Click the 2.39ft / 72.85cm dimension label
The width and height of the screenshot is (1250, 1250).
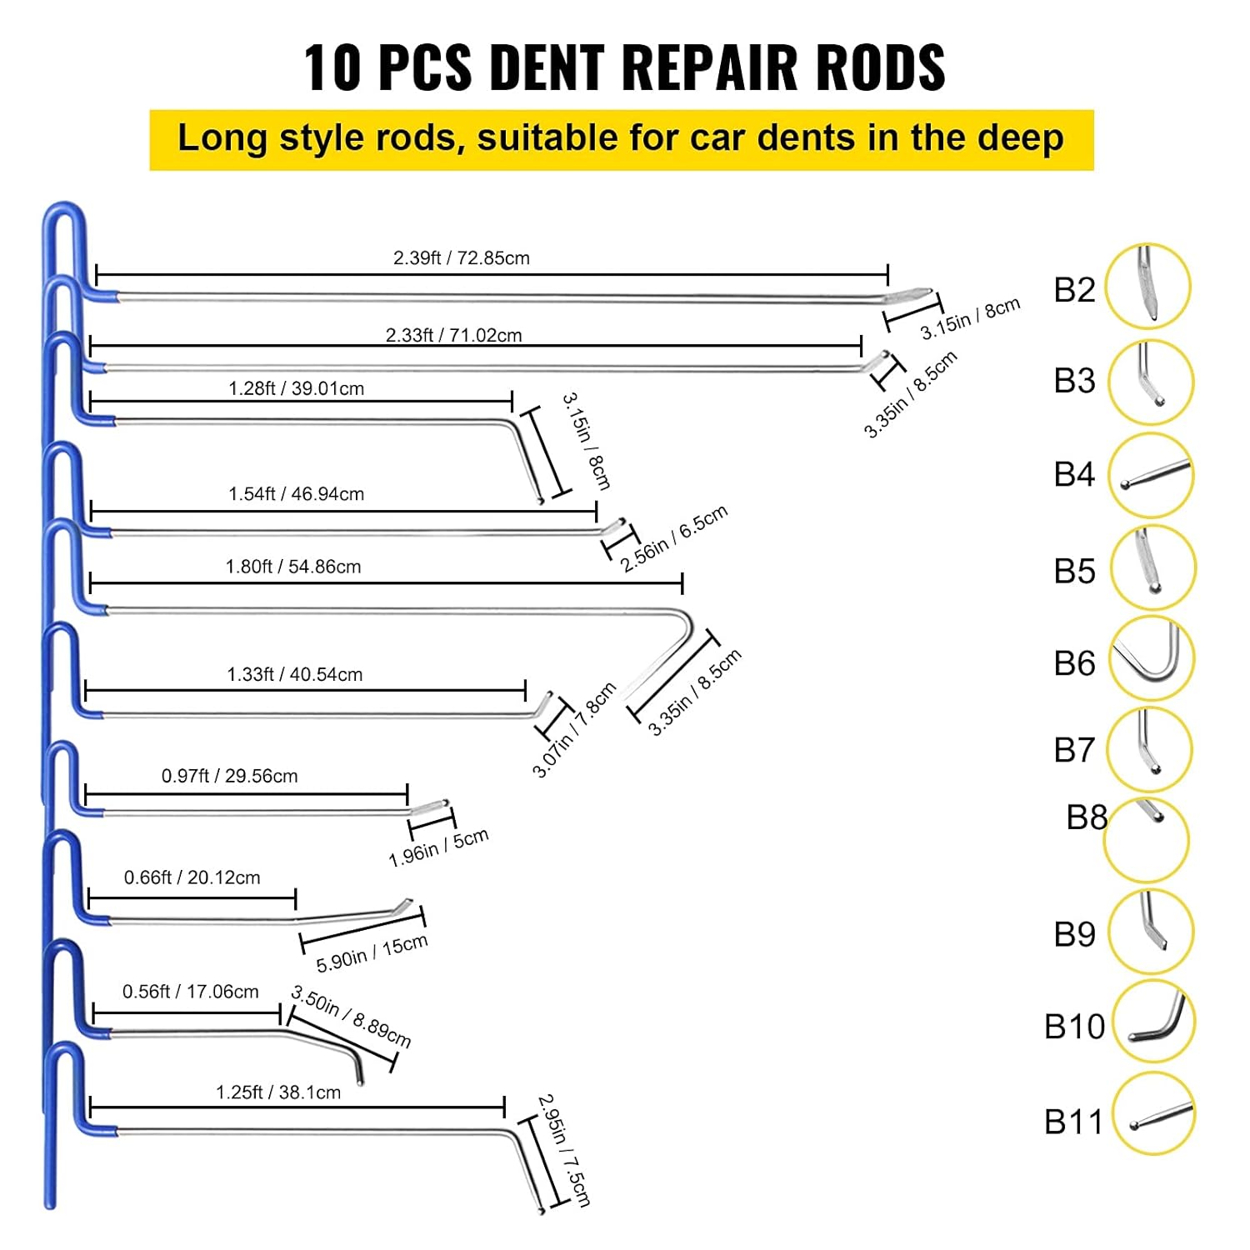[461, 258]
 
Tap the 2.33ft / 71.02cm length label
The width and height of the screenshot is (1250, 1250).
[453, 335]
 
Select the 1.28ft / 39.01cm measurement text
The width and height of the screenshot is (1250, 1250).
[296, 388]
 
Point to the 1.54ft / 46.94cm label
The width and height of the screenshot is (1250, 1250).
[296, 494]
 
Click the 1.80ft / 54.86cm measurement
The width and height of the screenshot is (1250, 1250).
[293, 567]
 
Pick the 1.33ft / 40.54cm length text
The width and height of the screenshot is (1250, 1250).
[295, 674]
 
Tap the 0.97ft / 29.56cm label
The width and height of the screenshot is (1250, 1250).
[229, 776]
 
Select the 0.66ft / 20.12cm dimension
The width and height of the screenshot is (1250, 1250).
[192, 877]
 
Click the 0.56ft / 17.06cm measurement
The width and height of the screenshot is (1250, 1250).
[190, 992]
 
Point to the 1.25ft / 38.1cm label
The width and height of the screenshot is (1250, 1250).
[278, 1092]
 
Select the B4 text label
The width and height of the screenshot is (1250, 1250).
[1074, 474]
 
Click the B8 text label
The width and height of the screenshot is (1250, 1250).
[1087, 817]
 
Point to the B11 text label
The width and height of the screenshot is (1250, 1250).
[1073, 1122]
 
